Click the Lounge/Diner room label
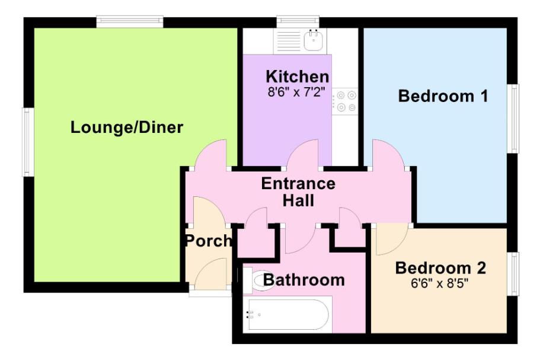127,128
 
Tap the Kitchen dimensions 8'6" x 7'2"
298,92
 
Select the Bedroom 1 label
443,96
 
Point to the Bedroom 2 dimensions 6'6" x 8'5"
439,283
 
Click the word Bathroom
304,280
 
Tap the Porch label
209,240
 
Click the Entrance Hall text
298,192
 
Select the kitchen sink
314,40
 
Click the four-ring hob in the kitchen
345,101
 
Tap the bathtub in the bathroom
288,314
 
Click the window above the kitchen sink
298,22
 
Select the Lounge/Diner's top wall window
130,22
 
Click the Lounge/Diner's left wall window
28,142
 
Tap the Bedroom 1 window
513,118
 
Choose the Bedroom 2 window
513,274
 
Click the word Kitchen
298,77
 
